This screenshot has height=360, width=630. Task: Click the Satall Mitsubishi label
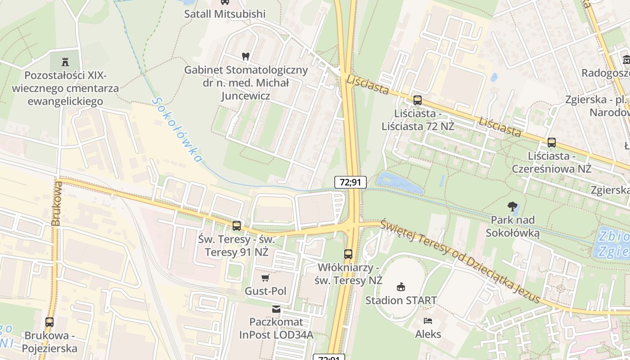pyautogui.click(x=225, y=14)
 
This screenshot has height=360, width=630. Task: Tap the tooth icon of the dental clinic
pyautogui.click(x=245, y=56)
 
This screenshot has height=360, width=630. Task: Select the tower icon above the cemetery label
pyautogui.click(x=66, y=61)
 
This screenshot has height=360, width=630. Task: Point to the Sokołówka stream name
pyautogui.click(x=177, y=130)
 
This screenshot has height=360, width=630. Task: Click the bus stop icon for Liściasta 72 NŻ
pyautogui.click(x=418, y=100)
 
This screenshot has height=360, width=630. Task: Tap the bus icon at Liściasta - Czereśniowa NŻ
pyautogui.click(x=551, y=143)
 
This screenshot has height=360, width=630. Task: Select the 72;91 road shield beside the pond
pyautogui.click(x=350, y=182)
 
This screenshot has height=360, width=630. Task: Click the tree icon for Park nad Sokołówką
pyautogui.click(x=512, y=207)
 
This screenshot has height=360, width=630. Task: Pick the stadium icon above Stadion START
pyautogui.click(x=400, y=287)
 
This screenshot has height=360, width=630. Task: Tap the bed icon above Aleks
pyautogui.click(x=428, y=321)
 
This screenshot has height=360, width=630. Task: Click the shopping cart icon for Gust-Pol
pyautogui.click(x=265, y=278)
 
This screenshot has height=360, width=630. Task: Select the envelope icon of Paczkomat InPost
pyautogui.click(x=276, y=309)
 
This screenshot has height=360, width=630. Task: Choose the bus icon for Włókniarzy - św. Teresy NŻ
pyautogui.click(x=348, y=254)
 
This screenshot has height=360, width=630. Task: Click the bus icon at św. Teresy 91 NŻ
pyautogui.click(x=236, y=226)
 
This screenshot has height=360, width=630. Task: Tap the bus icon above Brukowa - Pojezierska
pyautogui.click(x=49, y=322)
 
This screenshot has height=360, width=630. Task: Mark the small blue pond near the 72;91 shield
pyautogui.click(x=399, y=182)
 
